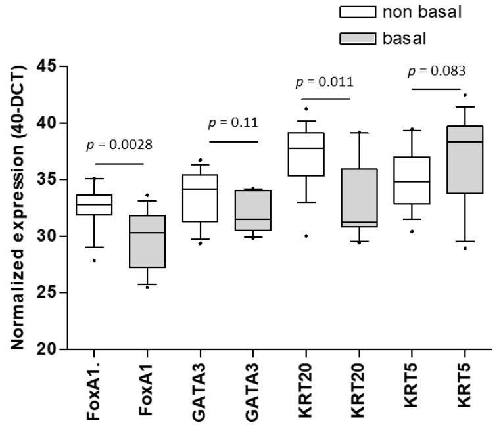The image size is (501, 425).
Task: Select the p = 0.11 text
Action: pos(233,123)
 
